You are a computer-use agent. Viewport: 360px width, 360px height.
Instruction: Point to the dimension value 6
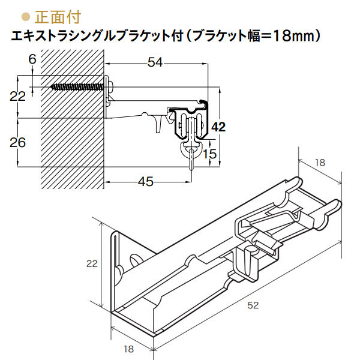pyautogui.click(x=32, y=58)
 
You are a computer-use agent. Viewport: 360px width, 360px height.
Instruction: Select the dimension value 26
pyautogui.click(x=18, y=142)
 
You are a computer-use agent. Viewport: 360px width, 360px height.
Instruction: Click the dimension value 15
pyautogui.click(x=209, y=154)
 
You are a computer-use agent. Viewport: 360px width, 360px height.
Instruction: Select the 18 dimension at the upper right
pyautogui.click(x=320, y=162)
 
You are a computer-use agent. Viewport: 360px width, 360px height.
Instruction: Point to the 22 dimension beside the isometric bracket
pyautogui.click(x=91, y=263)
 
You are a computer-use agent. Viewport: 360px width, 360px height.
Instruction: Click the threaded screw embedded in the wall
pyautogui.click(x=78, y=87)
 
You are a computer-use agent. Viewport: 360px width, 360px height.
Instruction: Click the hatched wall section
pyautogui.click(x=66, y=132)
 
